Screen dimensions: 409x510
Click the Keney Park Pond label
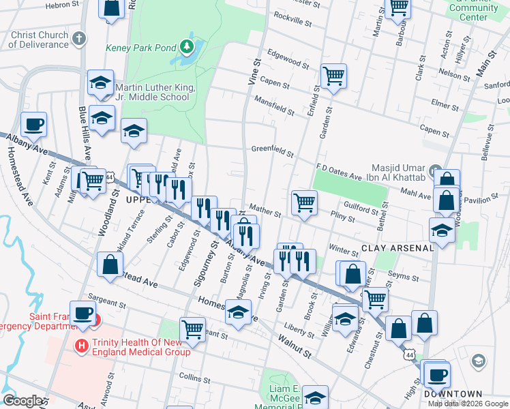point(140,48)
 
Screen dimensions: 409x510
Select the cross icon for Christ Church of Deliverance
point(79,39)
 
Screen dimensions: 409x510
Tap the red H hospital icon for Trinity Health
point(82,346)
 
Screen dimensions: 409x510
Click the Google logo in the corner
point(22,401)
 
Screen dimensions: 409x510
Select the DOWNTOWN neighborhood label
point(453,394)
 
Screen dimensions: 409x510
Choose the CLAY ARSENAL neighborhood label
point(397,248)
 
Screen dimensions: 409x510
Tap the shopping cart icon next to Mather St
point(303,202)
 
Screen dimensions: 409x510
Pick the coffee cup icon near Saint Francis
point(83,314)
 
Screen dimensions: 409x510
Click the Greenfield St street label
point(272,151)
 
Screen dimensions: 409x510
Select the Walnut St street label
point(295,346)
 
